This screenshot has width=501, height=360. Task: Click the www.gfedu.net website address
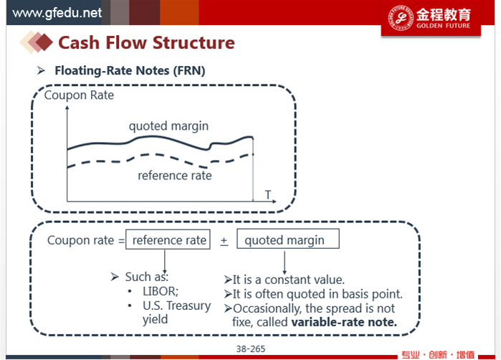[57, 13]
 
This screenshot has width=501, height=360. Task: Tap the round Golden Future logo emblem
[401, 18]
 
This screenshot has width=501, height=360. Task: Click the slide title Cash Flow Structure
[146, 42]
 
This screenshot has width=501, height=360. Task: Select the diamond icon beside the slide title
[36, 42]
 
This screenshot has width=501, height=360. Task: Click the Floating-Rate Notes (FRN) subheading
[130, 70]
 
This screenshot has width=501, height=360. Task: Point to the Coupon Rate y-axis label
[79, 95]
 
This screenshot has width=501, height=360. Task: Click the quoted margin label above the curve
[168, 126]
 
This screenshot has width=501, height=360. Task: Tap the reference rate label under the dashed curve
[175, 175]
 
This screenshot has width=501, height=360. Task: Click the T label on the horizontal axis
[268, 194]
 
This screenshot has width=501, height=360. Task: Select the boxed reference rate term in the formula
[168, 240]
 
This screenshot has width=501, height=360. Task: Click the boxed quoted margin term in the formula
[288, 239]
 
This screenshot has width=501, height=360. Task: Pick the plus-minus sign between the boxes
[224, 242]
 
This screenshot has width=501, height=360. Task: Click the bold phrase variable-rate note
[344, 322]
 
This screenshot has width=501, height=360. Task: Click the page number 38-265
[251, 349]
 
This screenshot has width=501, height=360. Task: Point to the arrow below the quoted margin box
[285, 262]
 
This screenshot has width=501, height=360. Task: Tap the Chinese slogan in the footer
[438, 354]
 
